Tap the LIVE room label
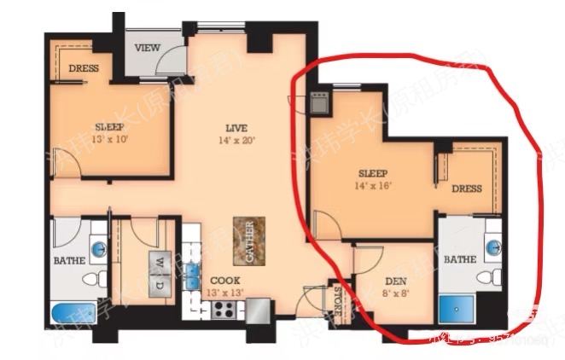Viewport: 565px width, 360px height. [224, 126]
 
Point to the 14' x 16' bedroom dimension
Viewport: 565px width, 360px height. [372, 184]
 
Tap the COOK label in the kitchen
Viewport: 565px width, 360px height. [224, 281]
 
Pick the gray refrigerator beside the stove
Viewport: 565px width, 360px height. [258, 309]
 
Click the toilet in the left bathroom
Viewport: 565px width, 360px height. [90, 279]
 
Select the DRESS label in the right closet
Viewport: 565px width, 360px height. [466, 189]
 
